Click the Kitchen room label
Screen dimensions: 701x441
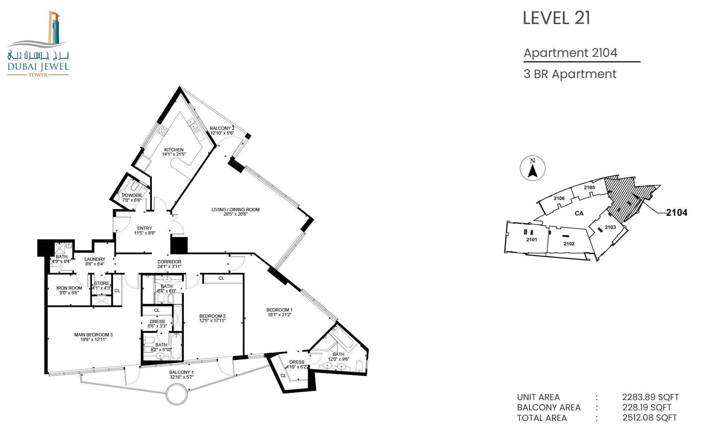[174, 152]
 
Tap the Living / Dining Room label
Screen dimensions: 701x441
[235, 212]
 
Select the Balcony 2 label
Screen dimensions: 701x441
[222, 131]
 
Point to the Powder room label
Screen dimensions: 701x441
[132, 198]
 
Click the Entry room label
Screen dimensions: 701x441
[145, 231]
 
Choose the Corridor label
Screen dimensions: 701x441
[169, 264]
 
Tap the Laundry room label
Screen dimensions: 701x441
[95, 262]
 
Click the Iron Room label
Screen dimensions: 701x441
[69, 290]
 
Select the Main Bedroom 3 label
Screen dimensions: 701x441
[93, 337]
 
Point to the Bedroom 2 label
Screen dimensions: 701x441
[212, 318]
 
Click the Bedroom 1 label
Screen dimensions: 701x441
[279, 312]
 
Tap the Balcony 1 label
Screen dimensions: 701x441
[181, 375]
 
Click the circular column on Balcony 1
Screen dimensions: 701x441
[177, 394]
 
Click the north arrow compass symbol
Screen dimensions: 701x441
[533, 169]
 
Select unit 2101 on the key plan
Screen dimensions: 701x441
[532, 240]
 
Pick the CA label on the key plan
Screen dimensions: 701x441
[579, 213]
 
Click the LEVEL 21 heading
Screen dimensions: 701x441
[556, 18]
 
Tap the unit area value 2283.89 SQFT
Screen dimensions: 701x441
[651, 397]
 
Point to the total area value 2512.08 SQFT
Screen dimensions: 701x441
[650, 418]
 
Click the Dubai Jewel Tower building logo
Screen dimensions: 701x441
[38, 44]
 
